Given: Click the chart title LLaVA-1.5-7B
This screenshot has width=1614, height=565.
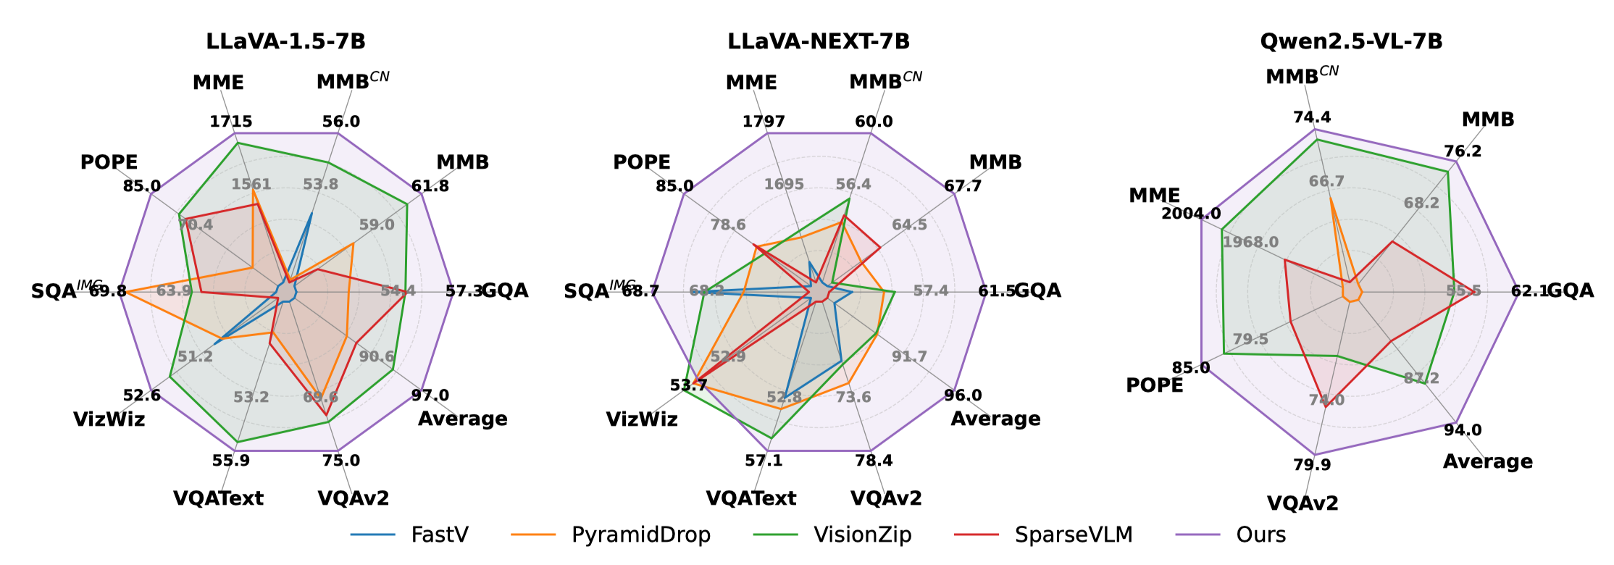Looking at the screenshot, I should click(x=285, y=41).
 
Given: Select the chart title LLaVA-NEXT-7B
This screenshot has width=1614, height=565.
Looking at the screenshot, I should click(x=819, y=41).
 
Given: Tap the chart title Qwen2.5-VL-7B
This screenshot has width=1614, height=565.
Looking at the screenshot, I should click(x=1351, y=41).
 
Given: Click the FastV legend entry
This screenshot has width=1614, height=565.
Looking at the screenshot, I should click(x=439, y=535).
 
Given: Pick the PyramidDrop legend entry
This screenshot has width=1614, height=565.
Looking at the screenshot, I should click(x=640, y=535).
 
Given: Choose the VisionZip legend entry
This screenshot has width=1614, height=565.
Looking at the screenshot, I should click(x=862, y=535).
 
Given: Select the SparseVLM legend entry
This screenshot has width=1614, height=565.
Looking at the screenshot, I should click(x=1073, y=535).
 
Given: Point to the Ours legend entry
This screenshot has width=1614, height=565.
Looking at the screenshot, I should click(x=1260, y=535).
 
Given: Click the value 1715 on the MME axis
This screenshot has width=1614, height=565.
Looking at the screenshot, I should click(x=231, y=122).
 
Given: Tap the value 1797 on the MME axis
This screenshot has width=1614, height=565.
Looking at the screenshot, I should click(x=764, y=122).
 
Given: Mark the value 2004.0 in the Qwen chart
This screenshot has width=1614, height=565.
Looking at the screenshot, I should click(x=1191, y=214).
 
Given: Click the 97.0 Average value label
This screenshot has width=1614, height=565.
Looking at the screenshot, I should click(x=430, y=395).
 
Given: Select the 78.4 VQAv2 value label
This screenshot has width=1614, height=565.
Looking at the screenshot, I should click(x=874, y=461).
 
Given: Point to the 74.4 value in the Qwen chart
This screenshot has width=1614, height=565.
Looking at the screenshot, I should click(x=1312, y=117).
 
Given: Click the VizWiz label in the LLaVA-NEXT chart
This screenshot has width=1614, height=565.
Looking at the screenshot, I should click(x=642, y=419).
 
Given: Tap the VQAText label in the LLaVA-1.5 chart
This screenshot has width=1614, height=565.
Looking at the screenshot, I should click(x=218, y=498).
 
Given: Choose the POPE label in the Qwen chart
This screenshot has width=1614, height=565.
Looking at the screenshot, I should click(x=1154, y=385).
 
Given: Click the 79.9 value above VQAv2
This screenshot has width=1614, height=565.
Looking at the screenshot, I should click(x=1312, y=465).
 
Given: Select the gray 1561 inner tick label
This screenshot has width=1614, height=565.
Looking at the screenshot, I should click(x=251, y=184).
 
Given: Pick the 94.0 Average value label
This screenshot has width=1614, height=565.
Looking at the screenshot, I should click(x=1463, y=430).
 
